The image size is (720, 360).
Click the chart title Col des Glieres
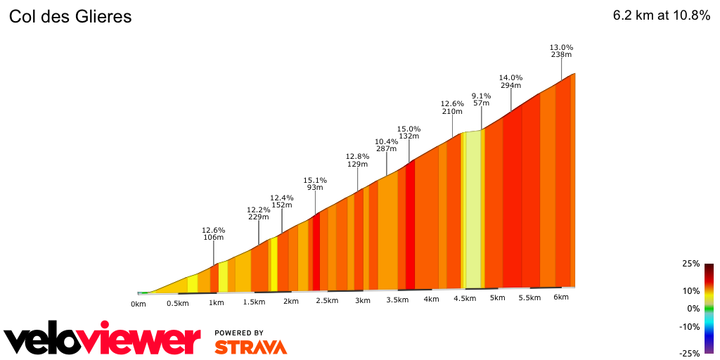tap(70, 16)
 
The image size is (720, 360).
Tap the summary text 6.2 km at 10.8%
tap(662, 15)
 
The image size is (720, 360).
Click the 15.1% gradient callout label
tap(315, 184)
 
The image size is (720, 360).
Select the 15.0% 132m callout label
tap(409, 132)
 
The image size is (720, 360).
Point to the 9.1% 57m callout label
tap(481, 99)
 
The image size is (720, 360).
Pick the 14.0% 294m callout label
tap(510, 82)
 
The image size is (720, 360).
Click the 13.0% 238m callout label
tap(561, 51)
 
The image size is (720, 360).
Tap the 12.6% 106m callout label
tap(213, 233)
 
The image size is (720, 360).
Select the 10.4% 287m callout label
tap(386, 145)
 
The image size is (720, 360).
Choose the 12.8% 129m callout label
tap(357, 160)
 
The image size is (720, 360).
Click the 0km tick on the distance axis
tap(139, 304)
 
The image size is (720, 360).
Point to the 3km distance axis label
tap(362, 300)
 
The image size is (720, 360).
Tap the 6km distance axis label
tap(560, 297)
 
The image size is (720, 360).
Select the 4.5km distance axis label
tap(464, 298)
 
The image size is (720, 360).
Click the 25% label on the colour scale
tap(691, 264)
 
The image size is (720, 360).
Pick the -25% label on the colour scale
tap(690, 354)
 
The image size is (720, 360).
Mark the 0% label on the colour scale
tap(693, 308)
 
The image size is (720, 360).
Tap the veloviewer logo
tap(102, 340)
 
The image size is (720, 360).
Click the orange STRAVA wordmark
tap(250, 347)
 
